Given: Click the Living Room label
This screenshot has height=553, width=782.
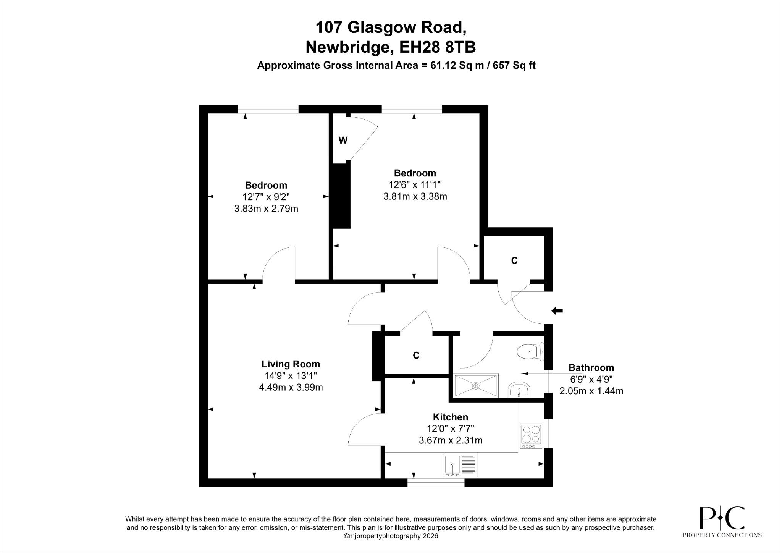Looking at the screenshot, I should tap(291, 364).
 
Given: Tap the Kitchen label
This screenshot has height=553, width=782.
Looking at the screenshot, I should tap(450, 417).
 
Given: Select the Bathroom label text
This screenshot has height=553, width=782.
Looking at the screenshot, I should tap(591, 368).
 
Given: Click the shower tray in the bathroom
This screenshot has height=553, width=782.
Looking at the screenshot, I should tap(476, 386).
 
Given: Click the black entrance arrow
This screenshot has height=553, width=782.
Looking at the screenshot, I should tap(557, 311).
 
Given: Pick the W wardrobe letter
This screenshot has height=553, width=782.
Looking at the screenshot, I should tap(343, 141).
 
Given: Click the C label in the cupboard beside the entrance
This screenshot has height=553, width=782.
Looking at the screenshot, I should tap(514, 260).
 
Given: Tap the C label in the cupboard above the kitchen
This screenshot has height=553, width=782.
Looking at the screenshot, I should tap(416, 356).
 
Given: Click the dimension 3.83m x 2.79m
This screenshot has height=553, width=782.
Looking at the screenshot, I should tap(266, 209).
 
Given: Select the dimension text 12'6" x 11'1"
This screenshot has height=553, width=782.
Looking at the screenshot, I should tap(415, 185).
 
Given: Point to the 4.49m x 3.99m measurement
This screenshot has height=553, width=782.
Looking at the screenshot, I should tap(291, 388).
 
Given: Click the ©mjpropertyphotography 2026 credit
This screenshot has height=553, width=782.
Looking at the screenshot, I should tap(391, 536).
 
